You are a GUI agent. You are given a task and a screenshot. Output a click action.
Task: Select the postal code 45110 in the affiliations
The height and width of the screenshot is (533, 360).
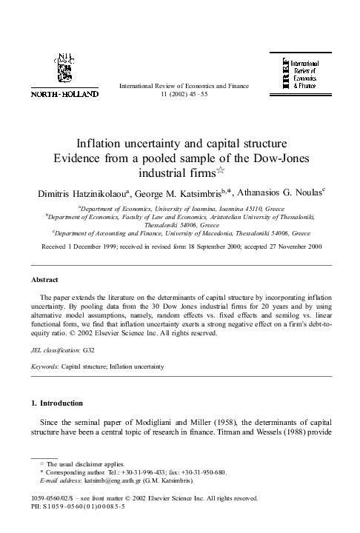[x=268, y=209]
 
